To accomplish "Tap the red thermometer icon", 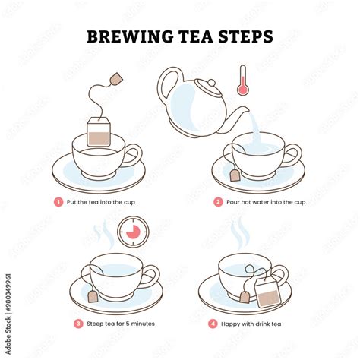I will click(242, 80).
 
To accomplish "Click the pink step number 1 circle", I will click(58, 202).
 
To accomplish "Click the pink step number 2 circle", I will click(217, 202).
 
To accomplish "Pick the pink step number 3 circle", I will click(77, 323).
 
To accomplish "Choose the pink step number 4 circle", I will click(213, 323).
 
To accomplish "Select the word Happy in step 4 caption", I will click(233, 323).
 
